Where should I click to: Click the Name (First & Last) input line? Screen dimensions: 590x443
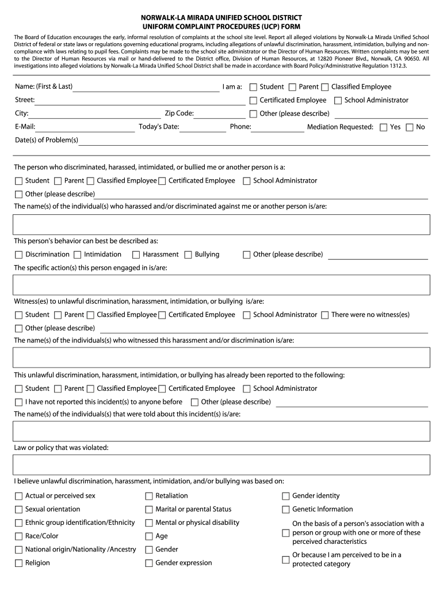pyautogui.click(x=146, y=88)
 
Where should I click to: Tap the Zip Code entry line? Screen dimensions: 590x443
pyautogui.click(x=220, y=114)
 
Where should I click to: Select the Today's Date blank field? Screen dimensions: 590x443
pyautogui.click(x=203, y=127)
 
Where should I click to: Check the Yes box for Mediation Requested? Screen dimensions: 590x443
pyautogui.click(x=384, y=127)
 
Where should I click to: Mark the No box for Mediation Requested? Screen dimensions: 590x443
pyautogui.click(x=410, y=127)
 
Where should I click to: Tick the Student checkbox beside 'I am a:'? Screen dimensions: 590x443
pyautogui.click(x=253, y=87)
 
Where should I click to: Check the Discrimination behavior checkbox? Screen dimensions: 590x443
pyautogui.click(x=19, y=255)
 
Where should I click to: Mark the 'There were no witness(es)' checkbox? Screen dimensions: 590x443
pyautogui.click(x=325, y=315)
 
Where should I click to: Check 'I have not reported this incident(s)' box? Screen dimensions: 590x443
pyautogui.click(x=19, y=402)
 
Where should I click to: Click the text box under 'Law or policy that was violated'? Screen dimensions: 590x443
pyautogui.click(x=221, y=464)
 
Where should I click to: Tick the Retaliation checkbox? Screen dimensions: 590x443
pyautogui.click(x=149, y=496)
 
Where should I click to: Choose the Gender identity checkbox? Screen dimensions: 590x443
pyautogui.click(x=286, y=496)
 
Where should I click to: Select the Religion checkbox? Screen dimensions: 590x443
pyautogui.click(x=19, y=563)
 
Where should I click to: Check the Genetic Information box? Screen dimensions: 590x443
pyautogui.click(x=286, y=509)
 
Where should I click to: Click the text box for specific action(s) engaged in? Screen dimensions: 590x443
pyautogui.click(x=221, y=285)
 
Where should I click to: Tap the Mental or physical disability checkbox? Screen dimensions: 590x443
pyautogui.click(x=149, y=523)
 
